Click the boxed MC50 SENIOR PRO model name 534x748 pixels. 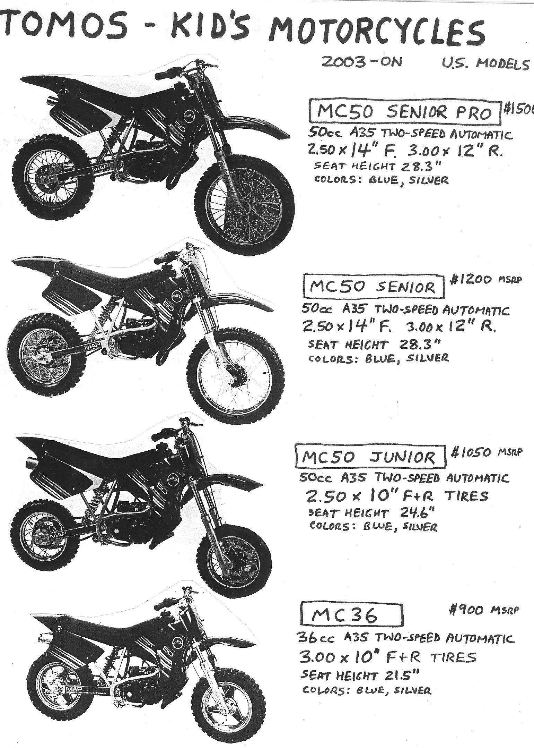tap(404, 113)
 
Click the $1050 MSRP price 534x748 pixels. tap(485, 452)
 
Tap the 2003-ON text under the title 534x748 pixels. tap(362, 62)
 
